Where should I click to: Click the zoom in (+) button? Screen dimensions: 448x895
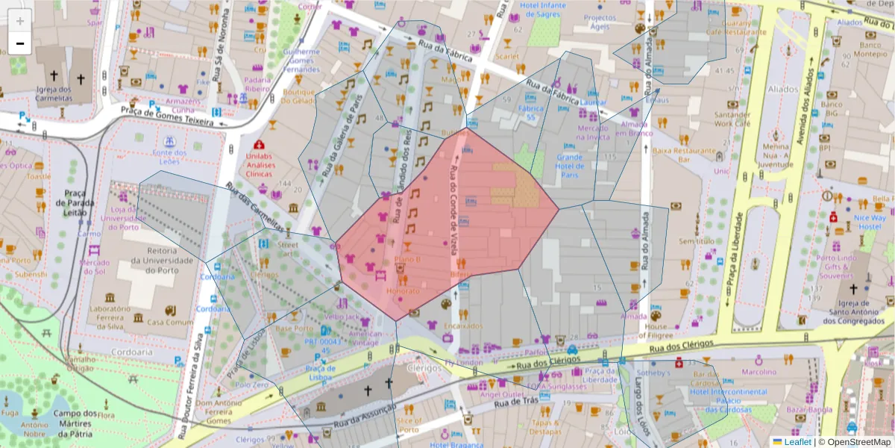click(20, 21)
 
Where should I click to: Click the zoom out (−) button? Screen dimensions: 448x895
click(20, 43)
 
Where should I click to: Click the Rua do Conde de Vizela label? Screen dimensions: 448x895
click(453, 217)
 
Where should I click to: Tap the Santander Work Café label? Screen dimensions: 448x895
click(732, 119)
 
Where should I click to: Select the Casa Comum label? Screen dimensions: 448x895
click(165, 323)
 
